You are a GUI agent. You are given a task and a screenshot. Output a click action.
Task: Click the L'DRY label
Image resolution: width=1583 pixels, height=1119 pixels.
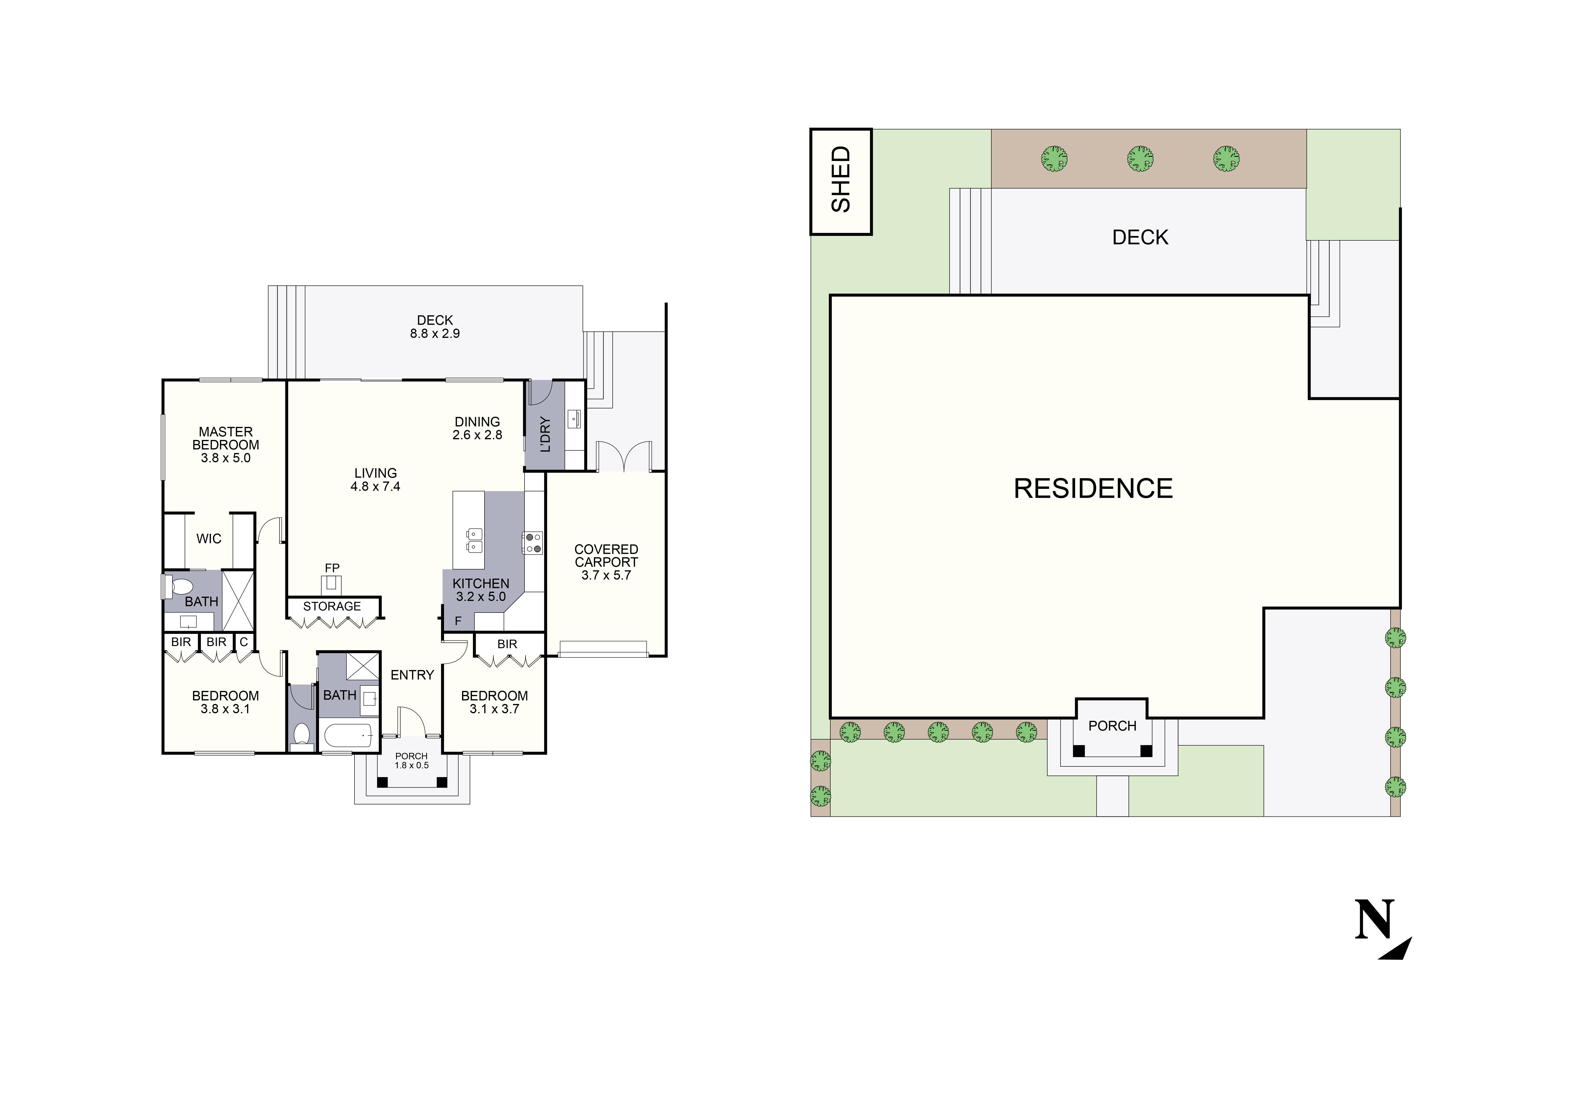(x=545, y=434)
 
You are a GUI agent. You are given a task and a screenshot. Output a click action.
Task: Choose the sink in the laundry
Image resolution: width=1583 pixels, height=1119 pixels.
(x=574, y=419)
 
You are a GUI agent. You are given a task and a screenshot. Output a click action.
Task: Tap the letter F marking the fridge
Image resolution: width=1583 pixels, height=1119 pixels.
(x=458, y=621)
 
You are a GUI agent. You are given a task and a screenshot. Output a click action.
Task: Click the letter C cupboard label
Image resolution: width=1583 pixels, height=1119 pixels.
(x=243, y=642)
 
